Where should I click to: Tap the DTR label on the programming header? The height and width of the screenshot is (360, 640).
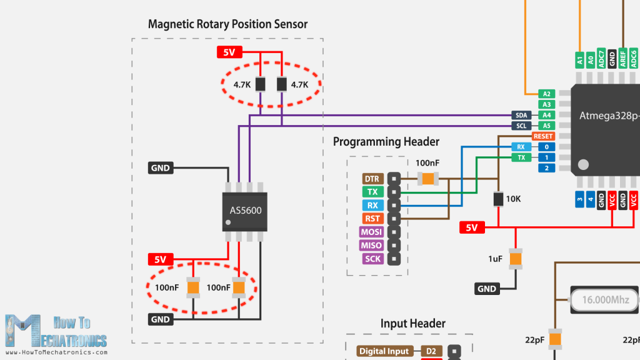click(372, 179)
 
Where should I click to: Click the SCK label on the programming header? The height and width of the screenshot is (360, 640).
click(372, 258)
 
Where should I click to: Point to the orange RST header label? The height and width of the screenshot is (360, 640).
click(372, 219)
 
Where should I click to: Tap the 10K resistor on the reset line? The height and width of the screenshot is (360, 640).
click(498, 199)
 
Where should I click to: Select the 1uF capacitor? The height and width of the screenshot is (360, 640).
click(515, 257)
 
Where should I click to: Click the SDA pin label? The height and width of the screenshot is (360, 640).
click(522, 115)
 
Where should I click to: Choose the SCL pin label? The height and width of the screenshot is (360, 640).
click(522, 126)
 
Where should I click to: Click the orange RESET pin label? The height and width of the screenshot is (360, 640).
click(542, 136)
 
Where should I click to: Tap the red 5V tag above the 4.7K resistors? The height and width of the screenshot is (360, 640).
click(229, 52)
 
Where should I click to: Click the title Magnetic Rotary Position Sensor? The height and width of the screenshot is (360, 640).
click(227, 24)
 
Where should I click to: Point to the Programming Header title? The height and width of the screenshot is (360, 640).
click(386, 142)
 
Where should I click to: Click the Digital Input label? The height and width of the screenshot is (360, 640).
click(384, 351)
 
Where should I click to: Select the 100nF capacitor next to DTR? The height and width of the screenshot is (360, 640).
click(427, 179)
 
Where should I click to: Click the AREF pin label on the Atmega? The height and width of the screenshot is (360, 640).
click(623, 59)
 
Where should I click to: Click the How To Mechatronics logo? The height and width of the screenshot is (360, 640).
click(56, 331)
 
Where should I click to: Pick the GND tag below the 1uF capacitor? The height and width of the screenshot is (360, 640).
click(487, 289)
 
